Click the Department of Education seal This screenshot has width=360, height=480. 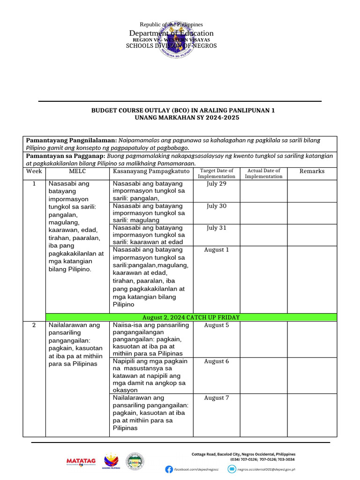[173, 39]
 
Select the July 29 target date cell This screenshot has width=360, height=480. [217, 184]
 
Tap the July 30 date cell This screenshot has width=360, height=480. [217, 206]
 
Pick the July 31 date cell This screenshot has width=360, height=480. [217, 228]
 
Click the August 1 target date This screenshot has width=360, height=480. [217, 250]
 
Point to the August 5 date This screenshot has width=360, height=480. [217, 325]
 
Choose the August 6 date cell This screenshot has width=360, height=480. [217, 361]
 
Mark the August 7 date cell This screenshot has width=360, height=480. [217, 398]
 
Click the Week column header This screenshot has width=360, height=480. [34, 172]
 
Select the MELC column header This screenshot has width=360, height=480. [77, 172]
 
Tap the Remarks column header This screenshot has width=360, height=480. [312, 172]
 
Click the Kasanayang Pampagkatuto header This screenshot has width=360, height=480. [151, 172]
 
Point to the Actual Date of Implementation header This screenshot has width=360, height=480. [263, 173]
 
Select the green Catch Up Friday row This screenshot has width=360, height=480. [191, 317]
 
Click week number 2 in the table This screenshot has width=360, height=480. [34, 325]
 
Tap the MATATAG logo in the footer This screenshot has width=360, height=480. [81, 462]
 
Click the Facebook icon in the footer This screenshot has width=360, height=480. [169, 469]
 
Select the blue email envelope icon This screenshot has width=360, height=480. [232, 469]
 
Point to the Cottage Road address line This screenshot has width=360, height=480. [244, 454]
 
